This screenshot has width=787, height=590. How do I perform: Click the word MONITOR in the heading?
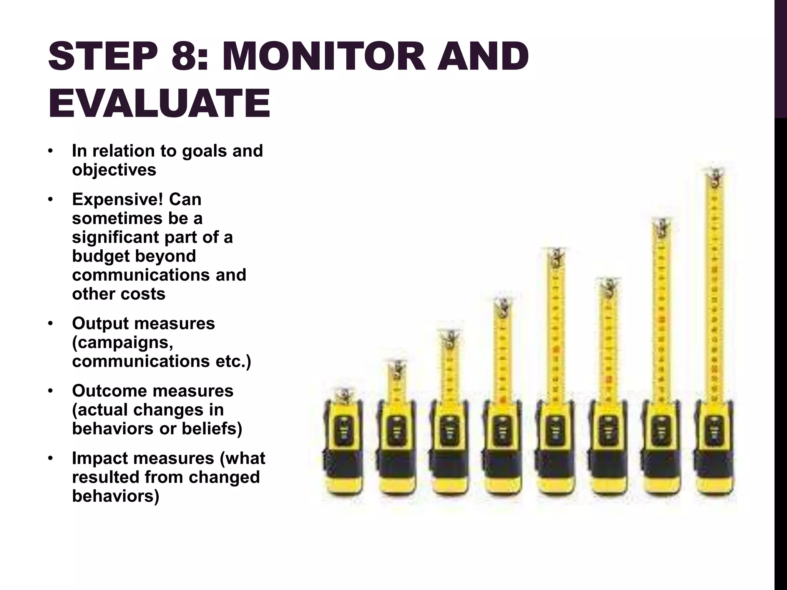pos(324,56)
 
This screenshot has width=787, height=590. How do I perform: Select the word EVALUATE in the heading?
pos(159,103)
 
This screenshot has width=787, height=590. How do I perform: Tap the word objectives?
pos(114,170)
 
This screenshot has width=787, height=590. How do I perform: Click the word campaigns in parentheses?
pos(122,342)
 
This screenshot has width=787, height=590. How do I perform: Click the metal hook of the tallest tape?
pos(715,177)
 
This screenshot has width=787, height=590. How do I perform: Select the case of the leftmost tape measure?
pos(342,449)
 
